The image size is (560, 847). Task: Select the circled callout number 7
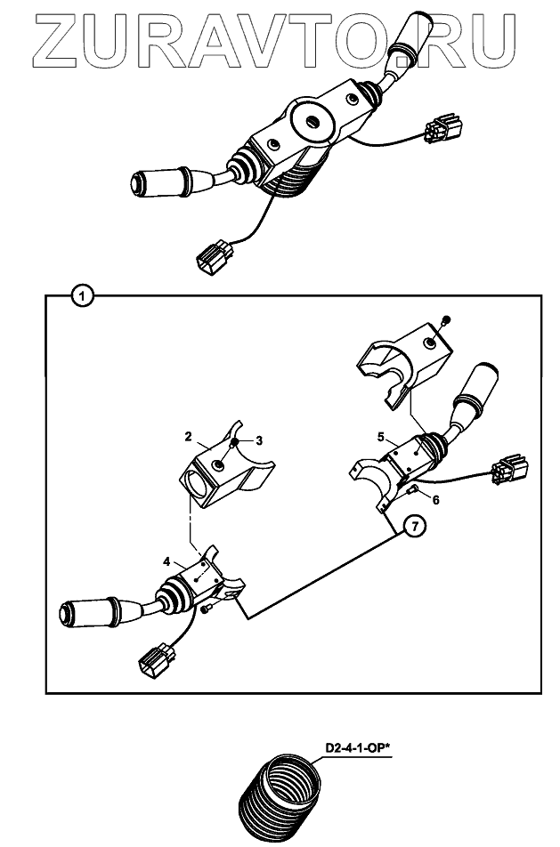410,526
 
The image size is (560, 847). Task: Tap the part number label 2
189,437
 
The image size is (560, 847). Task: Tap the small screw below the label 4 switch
206,609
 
